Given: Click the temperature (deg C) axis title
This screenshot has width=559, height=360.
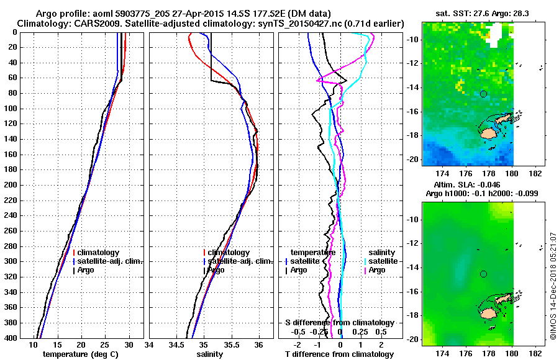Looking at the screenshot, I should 80,354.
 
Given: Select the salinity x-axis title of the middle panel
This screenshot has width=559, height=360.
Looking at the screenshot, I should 210,354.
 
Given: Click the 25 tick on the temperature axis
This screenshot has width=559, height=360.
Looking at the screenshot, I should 105,345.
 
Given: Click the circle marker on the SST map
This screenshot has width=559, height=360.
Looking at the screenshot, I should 483,94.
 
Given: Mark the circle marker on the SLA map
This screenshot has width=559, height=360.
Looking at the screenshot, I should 483,274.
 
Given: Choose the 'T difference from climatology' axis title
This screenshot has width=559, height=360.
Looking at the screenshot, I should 339,354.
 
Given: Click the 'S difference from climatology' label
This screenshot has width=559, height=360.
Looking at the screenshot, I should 339,323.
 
